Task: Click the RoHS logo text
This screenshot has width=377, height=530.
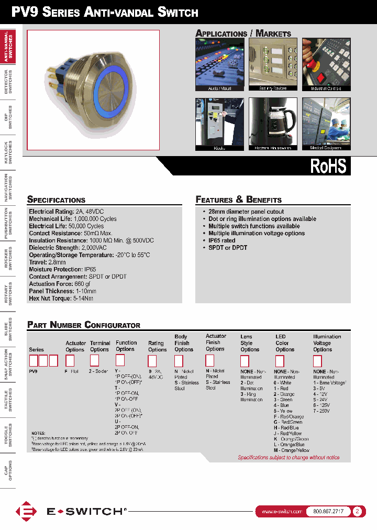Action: pos(328,166)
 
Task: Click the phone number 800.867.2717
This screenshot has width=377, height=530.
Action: pos(328,512)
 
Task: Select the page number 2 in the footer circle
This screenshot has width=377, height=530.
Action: pos(357,512)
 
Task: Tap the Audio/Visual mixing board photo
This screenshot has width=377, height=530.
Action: pos(219,64)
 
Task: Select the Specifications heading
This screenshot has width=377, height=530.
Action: pos(56,200)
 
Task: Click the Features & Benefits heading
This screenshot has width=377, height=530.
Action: pos(238,200)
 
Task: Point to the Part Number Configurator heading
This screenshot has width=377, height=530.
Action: pos(84,325)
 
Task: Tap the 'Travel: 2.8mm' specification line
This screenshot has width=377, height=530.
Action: pos(47,262)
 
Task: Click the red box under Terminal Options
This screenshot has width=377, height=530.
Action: pos(94,360)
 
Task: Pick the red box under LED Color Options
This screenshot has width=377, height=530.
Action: pos(280,361)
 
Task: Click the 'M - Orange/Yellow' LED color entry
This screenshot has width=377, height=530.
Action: pos(291,450)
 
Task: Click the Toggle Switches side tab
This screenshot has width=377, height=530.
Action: pos(8,435)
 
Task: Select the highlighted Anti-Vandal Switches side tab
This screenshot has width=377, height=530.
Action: pos(8,46)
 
